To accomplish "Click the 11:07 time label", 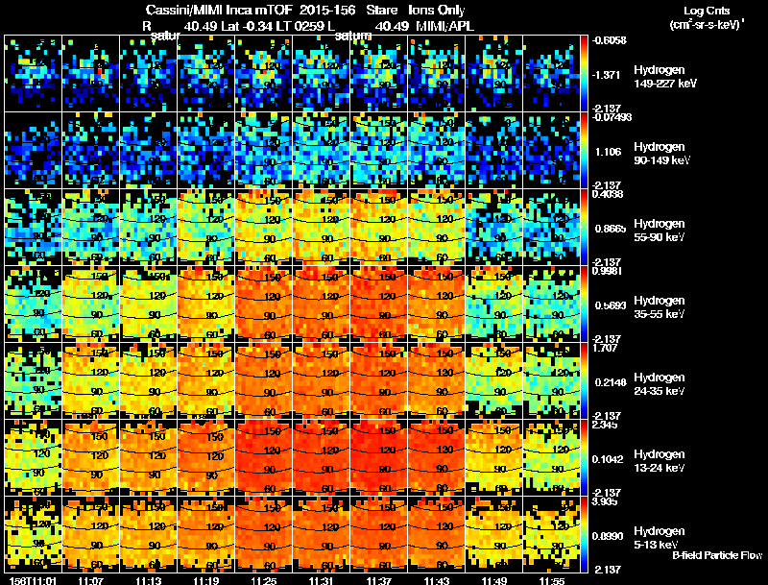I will pos(91,580).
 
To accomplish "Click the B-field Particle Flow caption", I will pos(717,555).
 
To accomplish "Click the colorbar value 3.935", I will pos(608,500).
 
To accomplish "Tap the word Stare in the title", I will pos(367,10).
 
